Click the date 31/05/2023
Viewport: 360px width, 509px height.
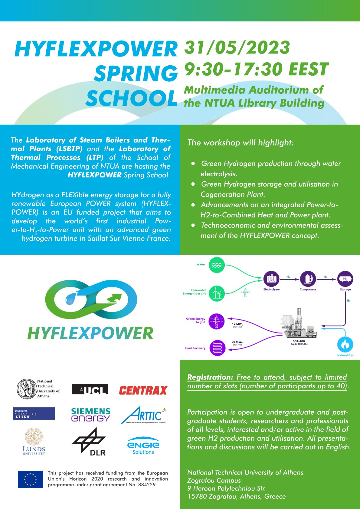click(237, 48)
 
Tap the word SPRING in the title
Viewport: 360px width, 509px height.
click(136, 73)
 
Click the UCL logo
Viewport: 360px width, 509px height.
click(90, 389)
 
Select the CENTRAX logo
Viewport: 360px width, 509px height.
click(143, 390)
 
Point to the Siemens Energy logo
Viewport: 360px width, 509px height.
click(90, 415)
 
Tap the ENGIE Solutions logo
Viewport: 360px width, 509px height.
click(143, 446)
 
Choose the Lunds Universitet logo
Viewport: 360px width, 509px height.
click(34, 442)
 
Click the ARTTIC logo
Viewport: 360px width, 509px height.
click(143, 415)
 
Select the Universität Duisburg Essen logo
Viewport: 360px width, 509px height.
click(34, 414)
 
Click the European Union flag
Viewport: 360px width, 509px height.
click(30, 479)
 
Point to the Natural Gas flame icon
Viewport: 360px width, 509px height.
click(345, 344)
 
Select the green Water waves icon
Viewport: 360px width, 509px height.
click(217, 265)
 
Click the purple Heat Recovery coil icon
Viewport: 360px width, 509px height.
click(217, 348)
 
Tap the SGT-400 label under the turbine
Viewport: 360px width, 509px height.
click(299, 341)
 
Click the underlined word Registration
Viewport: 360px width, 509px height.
click(210, 377)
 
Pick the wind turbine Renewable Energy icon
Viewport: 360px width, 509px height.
click(217, 293)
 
